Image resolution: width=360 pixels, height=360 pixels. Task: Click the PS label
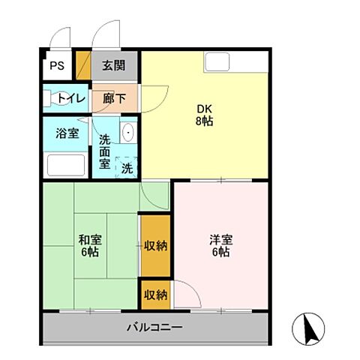coord(57,65)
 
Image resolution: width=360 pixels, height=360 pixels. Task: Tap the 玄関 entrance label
coord(114,65)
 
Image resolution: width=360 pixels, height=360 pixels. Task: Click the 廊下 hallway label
coord(114,97)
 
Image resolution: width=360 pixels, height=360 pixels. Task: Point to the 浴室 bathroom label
coord(67,133)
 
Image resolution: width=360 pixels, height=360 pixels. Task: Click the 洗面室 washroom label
coord(104,150)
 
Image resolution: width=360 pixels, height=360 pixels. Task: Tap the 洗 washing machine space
coord(127,167)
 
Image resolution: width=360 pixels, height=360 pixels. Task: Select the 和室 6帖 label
coord(90,246)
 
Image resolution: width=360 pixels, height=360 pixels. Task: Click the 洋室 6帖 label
coord(220,246)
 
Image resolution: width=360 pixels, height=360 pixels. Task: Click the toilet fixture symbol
coord(54,97)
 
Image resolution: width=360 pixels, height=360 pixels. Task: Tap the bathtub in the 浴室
coord(66,163)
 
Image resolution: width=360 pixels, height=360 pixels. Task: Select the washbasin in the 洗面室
coord(128,132)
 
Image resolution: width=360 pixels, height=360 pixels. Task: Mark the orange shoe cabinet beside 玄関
coord(84,66)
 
